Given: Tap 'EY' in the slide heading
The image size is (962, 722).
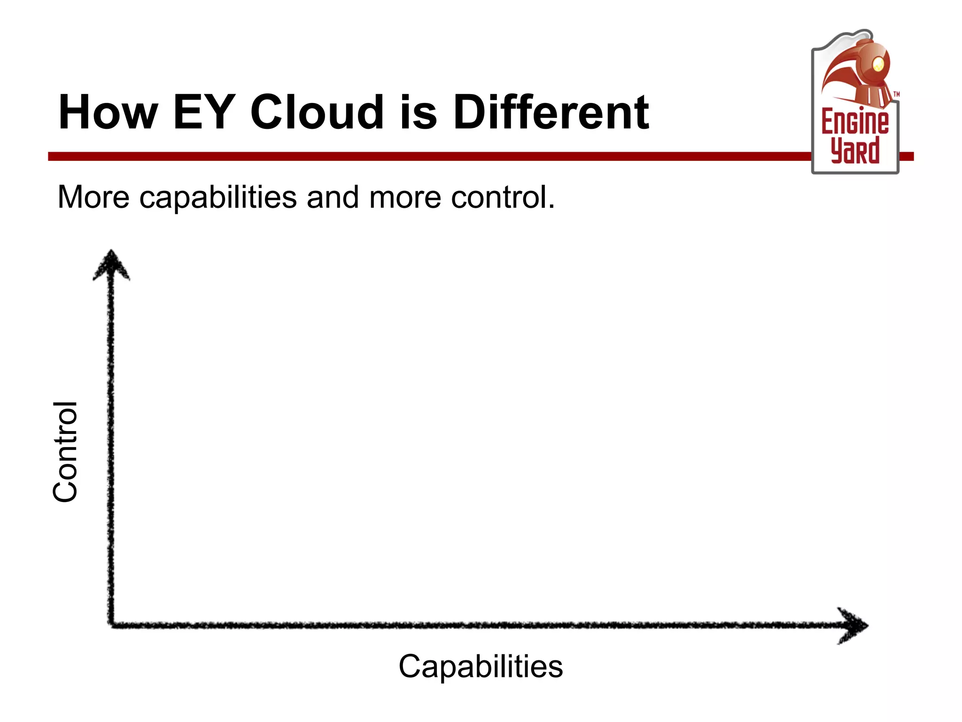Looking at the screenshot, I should tap(203, 113).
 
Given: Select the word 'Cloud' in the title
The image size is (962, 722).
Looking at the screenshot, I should tap(317, 113).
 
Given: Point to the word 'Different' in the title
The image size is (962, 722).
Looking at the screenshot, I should tap(551, 113).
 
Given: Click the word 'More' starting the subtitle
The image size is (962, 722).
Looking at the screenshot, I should tap(93, 197).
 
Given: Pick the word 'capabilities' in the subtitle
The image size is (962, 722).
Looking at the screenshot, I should tap(218, 197).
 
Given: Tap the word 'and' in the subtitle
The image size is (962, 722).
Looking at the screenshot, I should tap(333, 197).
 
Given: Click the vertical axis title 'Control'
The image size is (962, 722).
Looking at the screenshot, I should tap(65, 452).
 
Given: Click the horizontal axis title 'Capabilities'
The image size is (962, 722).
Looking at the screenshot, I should tap(481, 666).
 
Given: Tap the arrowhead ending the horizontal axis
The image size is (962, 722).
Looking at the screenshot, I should tap(854, 625).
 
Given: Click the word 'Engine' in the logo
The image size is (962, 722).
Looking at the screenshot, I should tap(854, 122).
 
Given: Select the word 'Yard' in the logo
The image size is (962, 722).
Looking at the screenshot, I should tap(854, 150).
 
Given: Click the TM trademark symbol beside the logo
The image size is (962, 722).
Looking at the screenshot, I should tap(896, 94).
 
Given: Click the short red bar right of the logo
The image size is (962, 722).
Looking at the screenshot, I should tap(907, 157).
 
